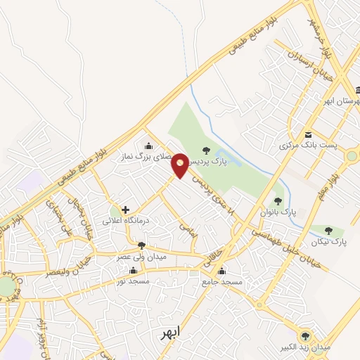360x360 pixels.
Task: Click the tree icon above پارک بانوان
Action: point(279,200)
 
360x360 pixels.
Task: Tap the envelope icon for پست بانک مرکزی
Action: point(308,135)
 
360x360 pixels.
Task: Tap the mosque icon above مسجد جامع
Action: point(222,271)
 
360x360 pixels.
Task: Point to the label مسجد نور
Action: point(134,280)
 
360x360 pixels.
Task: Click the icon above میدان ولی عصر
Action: point(142,245)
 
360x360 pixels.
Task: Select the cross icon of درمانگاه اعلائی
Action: point(125,210)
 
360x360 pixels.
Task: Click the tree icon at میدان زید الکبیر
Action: point(305,336)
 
